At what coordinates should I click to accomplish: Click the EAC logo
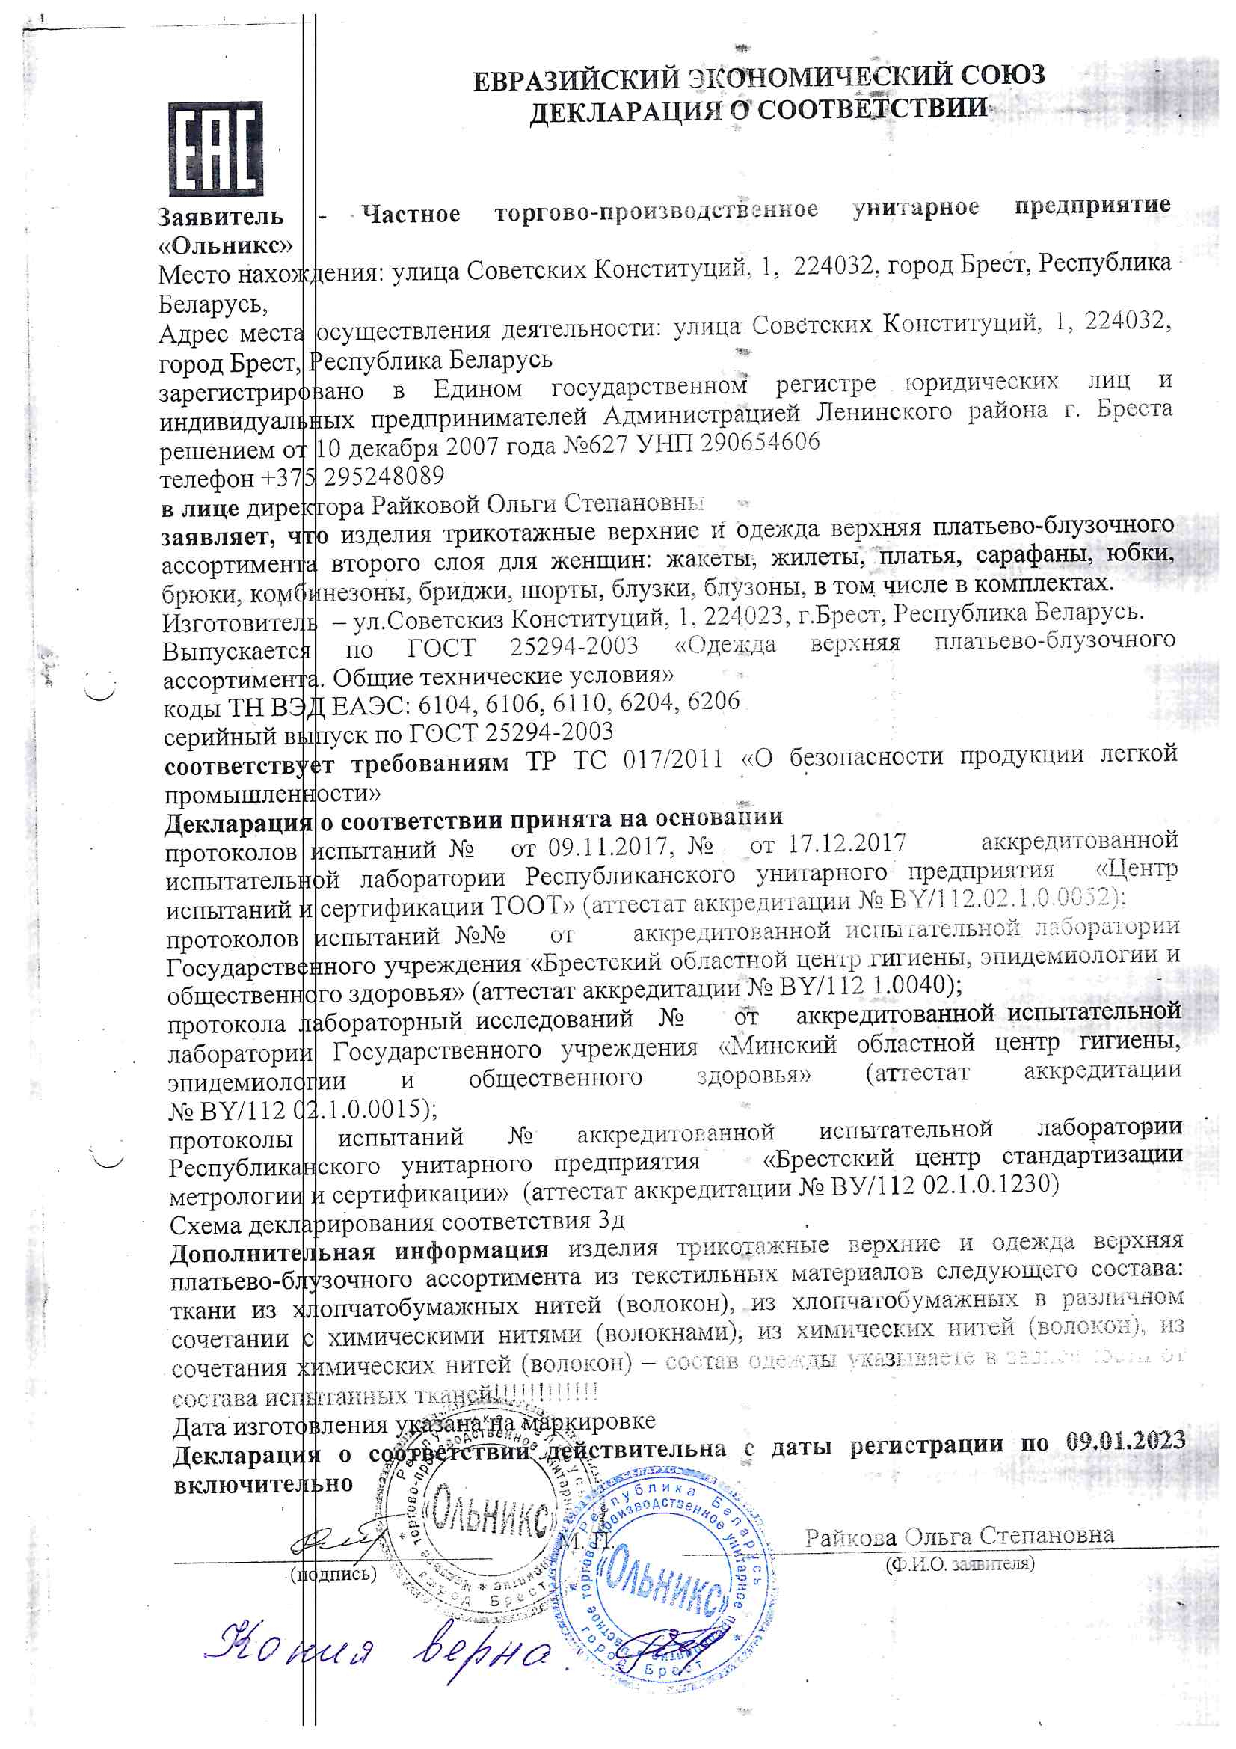(215, 150)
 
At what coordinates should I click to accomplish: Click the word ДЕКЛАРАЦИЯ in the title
(625, 113)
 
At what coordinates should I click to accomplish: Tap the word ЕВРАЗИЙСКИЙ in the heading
(576, 79)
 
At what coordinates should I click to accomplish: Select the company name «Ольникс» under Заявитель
(225, 245)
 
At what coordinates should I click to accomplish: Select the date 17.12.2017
(847, 843)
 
